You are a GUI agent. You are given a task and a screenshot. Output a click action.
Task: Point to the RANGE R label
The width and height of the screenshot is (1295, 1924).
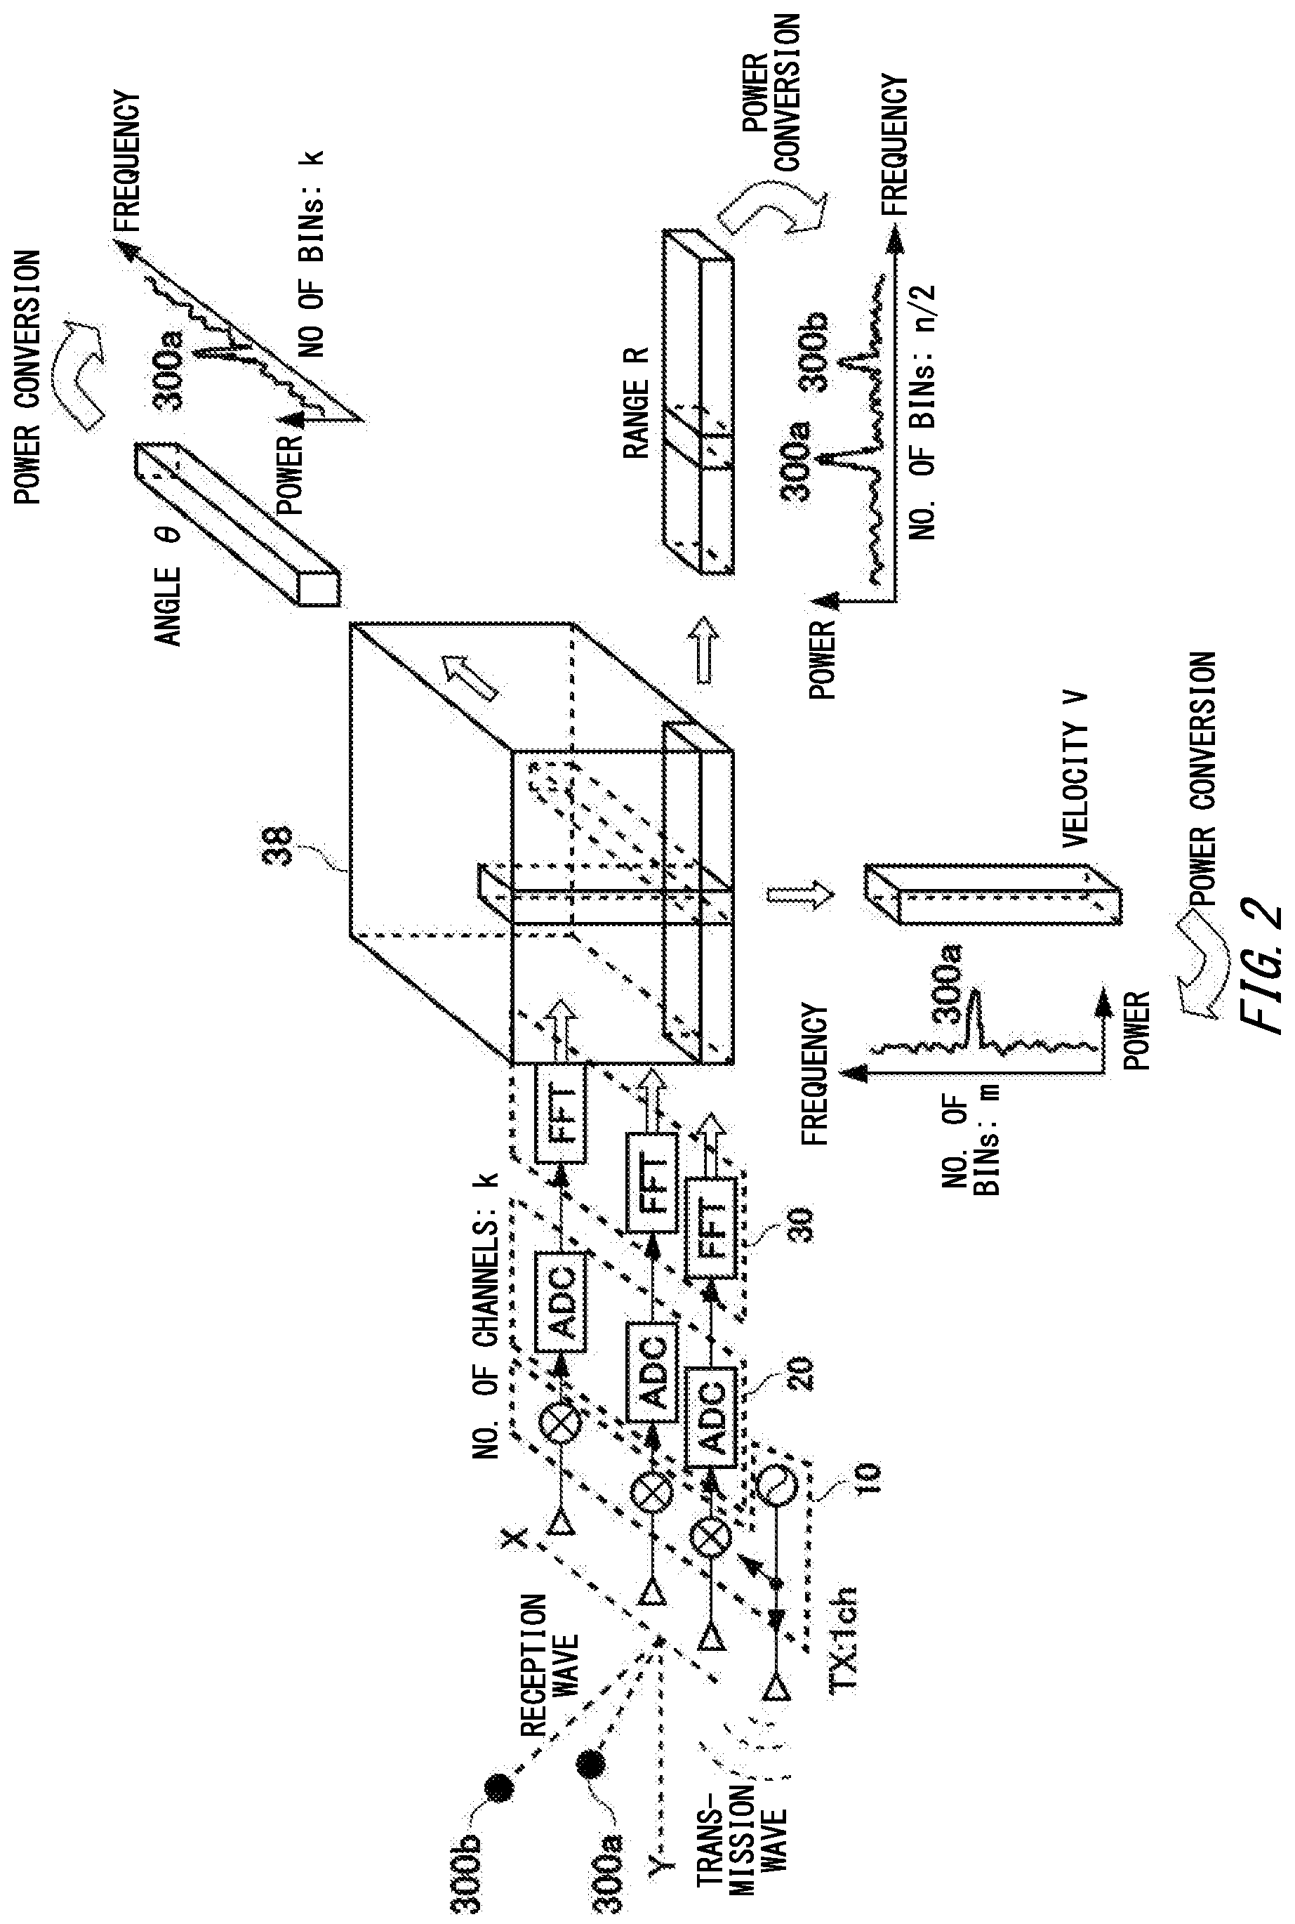click(637, 402)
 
